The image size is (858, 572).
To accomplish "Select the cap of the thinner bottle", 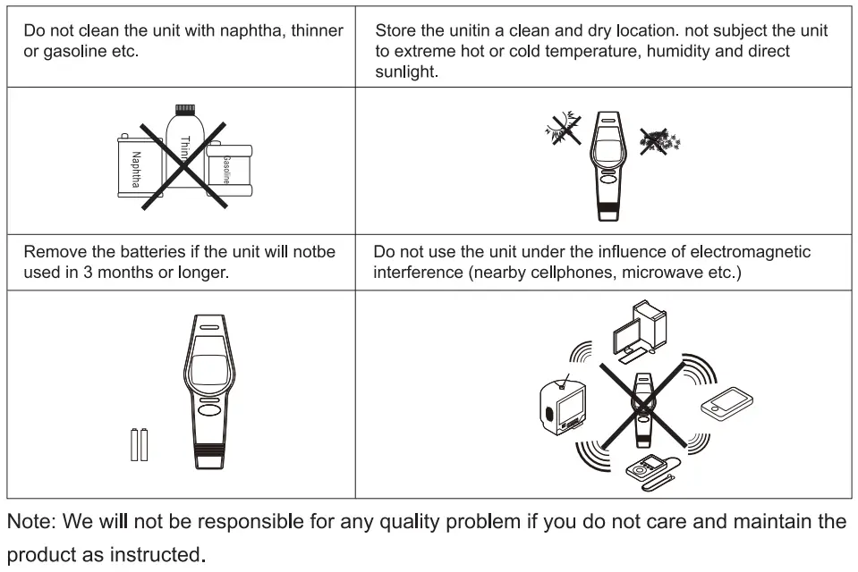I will (184, 111).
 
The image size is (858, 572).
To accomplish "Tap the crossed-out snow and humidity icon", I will (659, 140).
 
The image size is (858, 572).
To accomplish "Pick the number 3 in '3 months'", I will (88, 272).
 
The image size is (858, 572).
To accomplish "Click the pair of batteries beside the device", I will (139, 444).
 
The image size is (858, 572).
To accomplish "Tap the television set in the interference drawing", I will (564, 404).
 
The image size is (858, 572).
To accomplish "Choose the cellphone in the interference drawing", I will (726, 403).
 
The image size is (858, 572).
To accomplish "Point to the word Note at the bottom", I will (31, 521).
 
